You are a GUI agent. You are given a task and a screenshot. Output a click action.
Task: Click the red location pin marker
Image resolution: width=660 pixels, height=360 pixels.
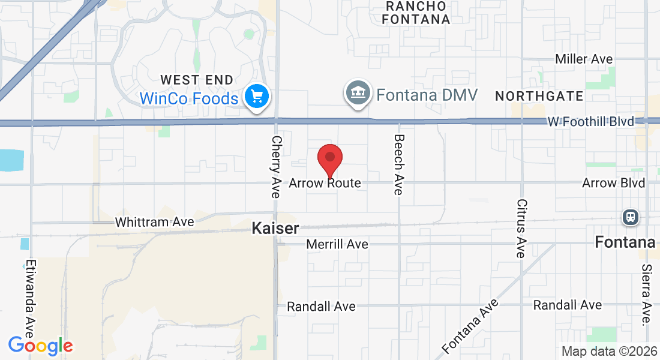coord(329,159)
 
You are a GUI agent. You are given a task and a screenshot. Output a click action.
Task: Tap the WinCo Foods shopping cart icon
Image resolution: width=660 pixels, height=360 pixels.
coord(257,96)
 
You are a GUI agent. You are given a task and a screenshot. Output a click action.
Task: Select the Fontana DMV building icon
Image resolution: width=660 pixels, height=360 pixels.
coord(358,92)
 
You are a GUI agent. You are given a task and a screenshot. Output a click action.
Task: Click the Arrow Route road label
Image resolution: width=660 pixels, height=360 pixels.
coord(325,183)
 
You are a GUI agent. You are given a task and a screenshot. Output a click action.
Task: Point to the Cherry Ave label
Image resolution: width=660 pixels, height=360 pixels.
coord(276,166)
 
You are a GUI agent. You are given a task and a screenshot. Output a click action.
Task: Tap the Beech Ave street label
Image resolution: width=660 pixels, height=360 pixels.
coord(398,164)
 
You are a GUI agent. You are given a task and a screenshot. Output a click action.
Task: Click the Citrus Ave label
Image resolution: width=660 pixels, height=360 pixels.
coord(521,228)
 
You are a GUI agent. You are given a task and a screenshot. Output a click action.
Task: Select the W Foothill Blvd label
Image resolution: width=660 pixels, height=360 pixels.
coord(590,122)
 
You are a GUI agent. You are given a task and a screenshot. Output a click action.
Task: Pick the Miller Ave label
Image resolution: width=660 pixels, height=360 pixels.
coord(584,59)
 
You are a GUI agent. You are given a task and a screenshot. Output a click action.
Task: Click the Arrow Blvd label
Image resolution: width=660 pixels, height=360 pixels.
coord(613,183)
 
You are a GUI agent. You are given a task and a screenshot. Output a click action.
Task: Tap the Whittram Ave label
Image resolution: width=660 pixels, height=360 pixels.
coord(154,222)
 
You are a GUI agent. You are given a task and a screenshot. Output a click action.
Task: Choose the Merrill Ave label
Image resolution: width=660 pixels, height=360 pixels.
coord(337,244)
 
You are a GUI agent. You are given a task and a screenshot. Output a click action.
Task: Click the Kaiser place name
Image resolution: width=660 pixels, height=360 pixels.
coord(275,229)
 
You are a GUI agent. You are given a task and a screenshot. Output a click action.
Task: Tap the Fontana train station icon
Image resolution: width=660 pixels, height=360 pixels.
coord(631,217)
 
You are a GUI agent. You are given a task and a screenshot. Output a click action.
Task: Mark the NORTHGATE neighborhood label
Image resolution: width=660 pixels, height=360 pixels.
coord(539,96)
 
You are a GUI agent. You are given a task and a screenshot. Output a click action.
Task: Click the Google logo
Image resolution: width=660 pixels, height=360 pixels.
coord(40,346)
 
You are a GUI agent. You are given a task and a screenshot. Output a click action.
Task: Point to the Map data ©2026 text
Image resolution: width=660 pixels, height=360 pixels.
coord(609,352)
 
